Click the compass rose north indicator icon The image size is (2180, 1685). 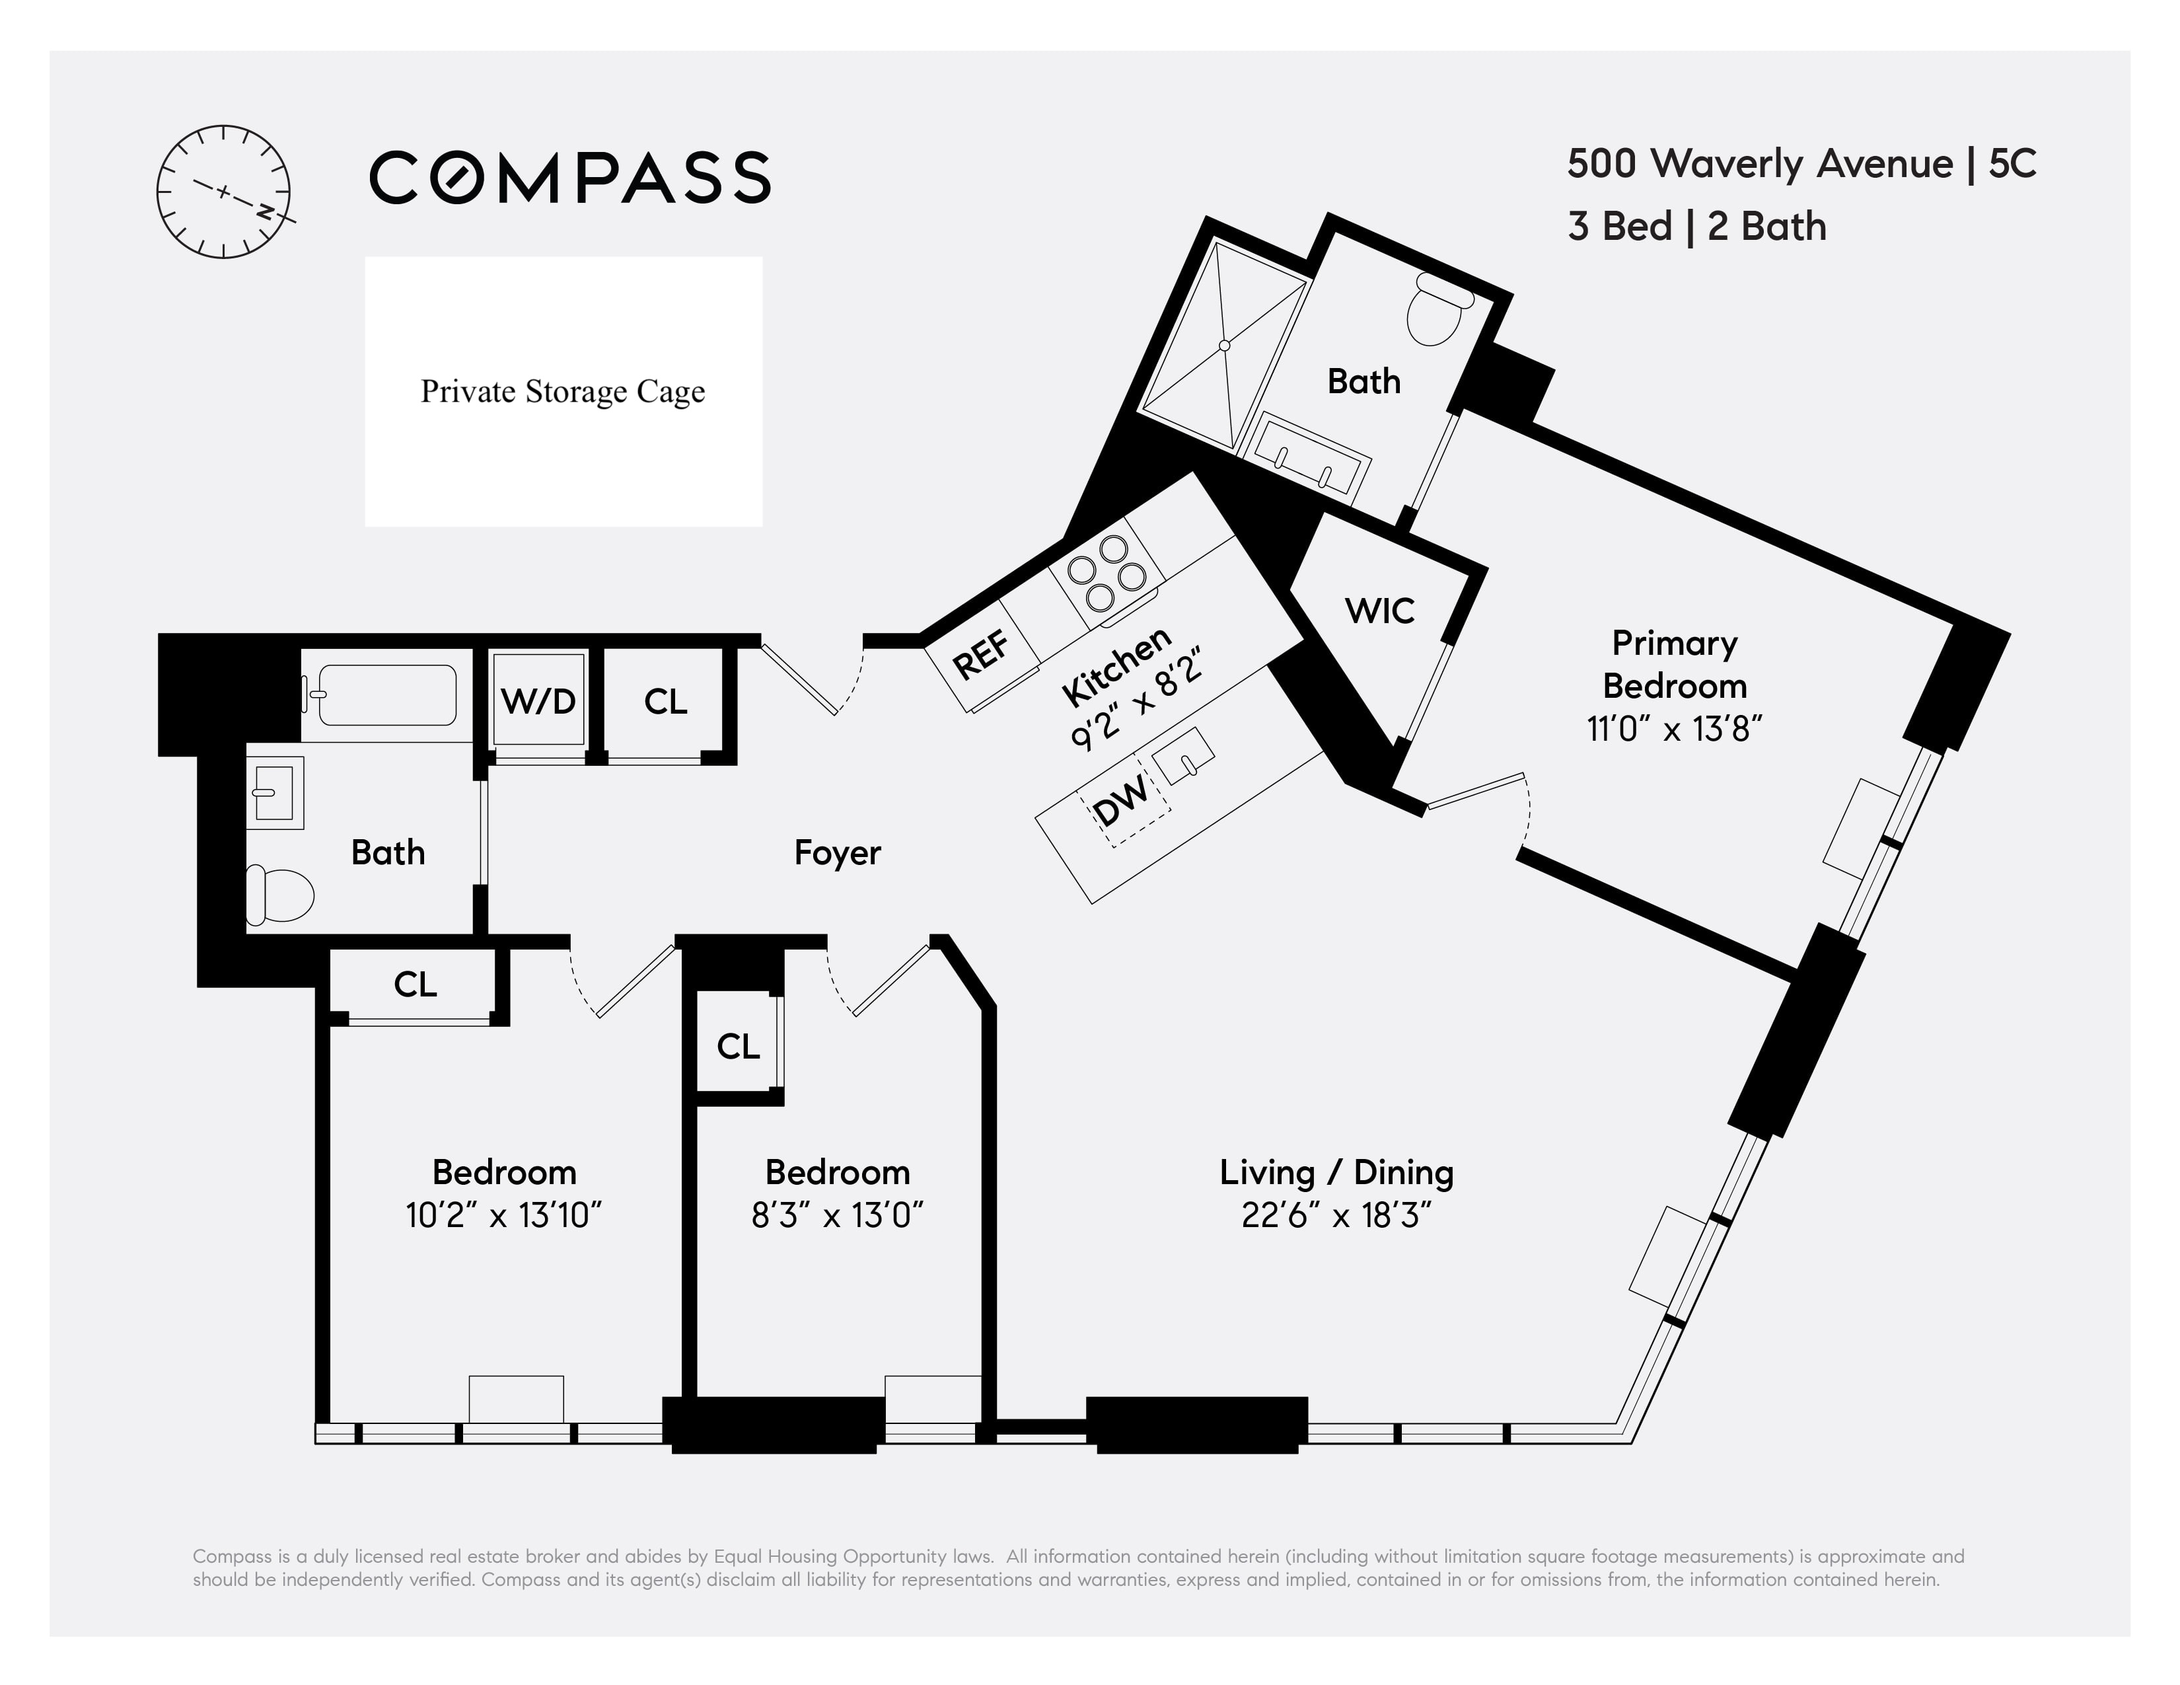point(223,192)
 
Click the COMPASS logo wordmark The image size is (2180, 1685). point(570,178)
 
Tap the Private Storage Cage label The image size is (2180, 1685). point(563,391)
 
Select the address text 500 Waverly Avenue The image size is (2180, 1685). point(1759,164)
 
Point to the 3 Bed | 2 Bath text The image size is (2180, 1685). point(1697,227)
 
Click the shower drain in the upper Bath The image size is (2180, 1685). point(1225,346)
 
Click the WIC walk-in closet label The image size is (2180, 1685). point(1379,610)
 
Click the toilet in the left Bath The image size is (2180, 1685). point(279,893)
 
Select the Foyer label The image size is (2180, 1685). point(836,852)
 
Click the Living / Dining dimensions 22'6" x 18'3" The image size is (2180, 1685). point(1336,1216)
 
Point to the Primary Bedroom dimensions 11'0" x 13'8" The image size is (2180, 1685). point(1674,730)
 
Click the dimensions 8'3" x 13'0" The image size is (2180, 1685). point(836,1216)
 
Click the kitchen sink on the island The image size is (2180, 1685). point(1184,757)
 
